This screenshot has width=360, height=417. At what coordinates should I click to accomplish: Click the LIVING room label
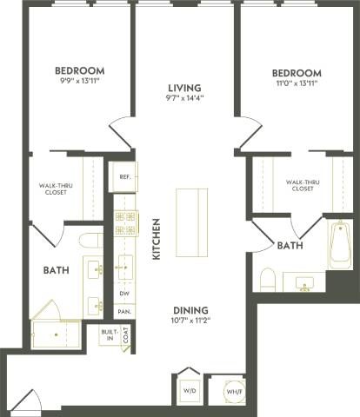pyautogui.click(x=184, y=88)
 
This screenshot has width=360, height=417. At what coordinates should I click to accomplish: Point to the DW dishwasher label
pyautogui.click(x=125, y=293)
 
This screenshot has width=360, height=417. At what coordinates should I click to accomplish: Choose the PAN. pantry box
pyautogui.click(x=125, y=311)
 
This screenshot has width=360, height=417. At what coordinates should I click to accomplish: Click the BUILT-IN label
pyautogui.click(x=108, y=335)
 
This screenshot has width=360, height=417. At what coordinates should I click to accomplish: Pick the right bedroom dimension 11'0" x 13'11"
pyautogui.click(x=296, y=85)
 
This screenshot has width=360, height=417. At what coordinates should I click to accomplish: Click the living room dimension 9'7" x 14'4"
pyautogui.click(x=184, y=100)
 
